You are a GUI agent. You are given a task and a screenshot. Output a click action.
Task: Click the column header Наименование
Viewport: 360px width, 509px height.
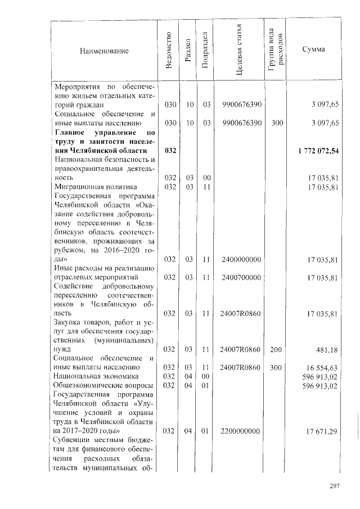(x=105, y=51)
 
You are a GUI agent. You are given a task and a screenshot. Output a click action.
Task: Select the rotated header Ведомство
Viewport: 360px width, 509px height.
(x=169, y=51)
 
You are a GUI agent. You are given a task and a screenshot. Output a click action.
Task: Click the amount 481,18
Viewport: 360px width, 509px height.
(x=326, y=350)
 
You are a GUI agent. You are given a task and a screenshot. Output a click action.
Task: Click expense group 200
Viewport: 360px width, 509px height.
(x=276, y=350)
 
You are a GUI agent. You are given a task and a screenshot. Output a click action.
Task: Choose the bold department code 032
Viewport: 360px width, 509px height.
(x=170, y=151)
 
